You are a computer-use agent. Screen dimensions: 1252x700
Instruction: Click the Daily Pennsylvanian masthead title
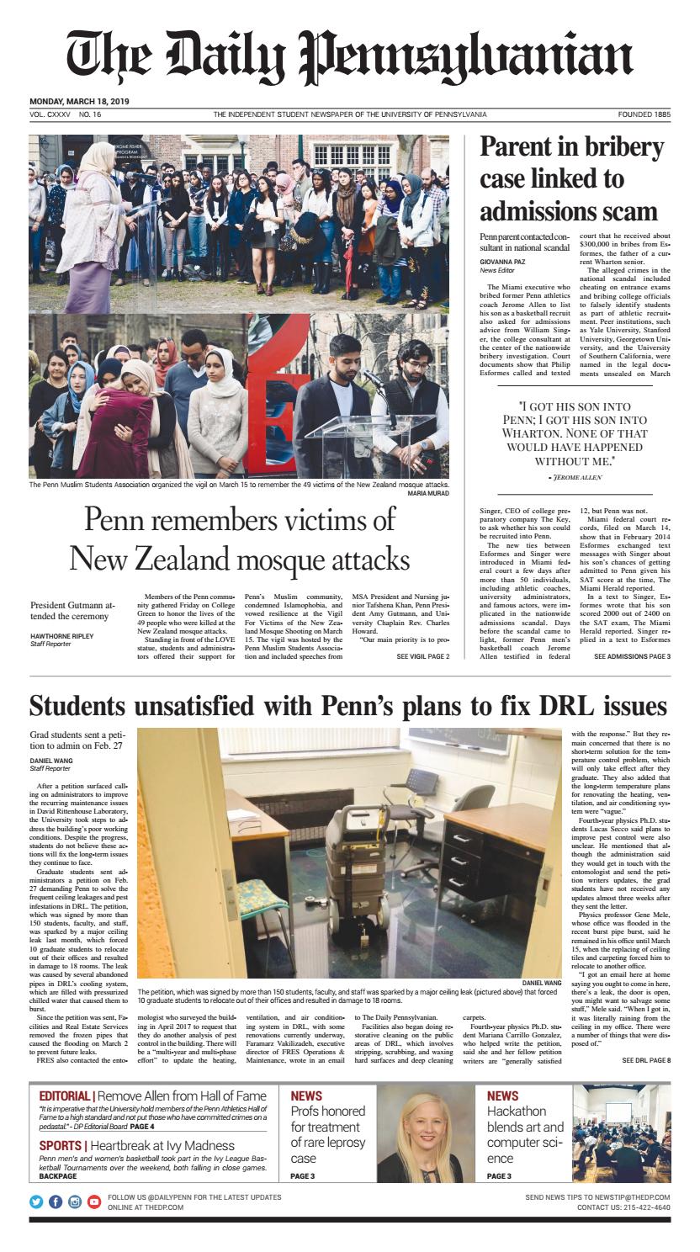tap(349, 56)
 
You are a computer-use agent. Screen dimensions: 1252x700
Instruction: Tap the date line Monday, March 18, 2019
tap(85, 102)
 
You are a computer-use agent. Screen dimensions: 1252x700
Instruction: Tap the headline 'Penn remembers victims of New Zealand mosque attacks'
tap(240, 540)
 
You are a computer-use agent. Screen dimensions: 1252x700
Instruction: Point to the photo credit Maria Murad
tap(429, 494)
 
